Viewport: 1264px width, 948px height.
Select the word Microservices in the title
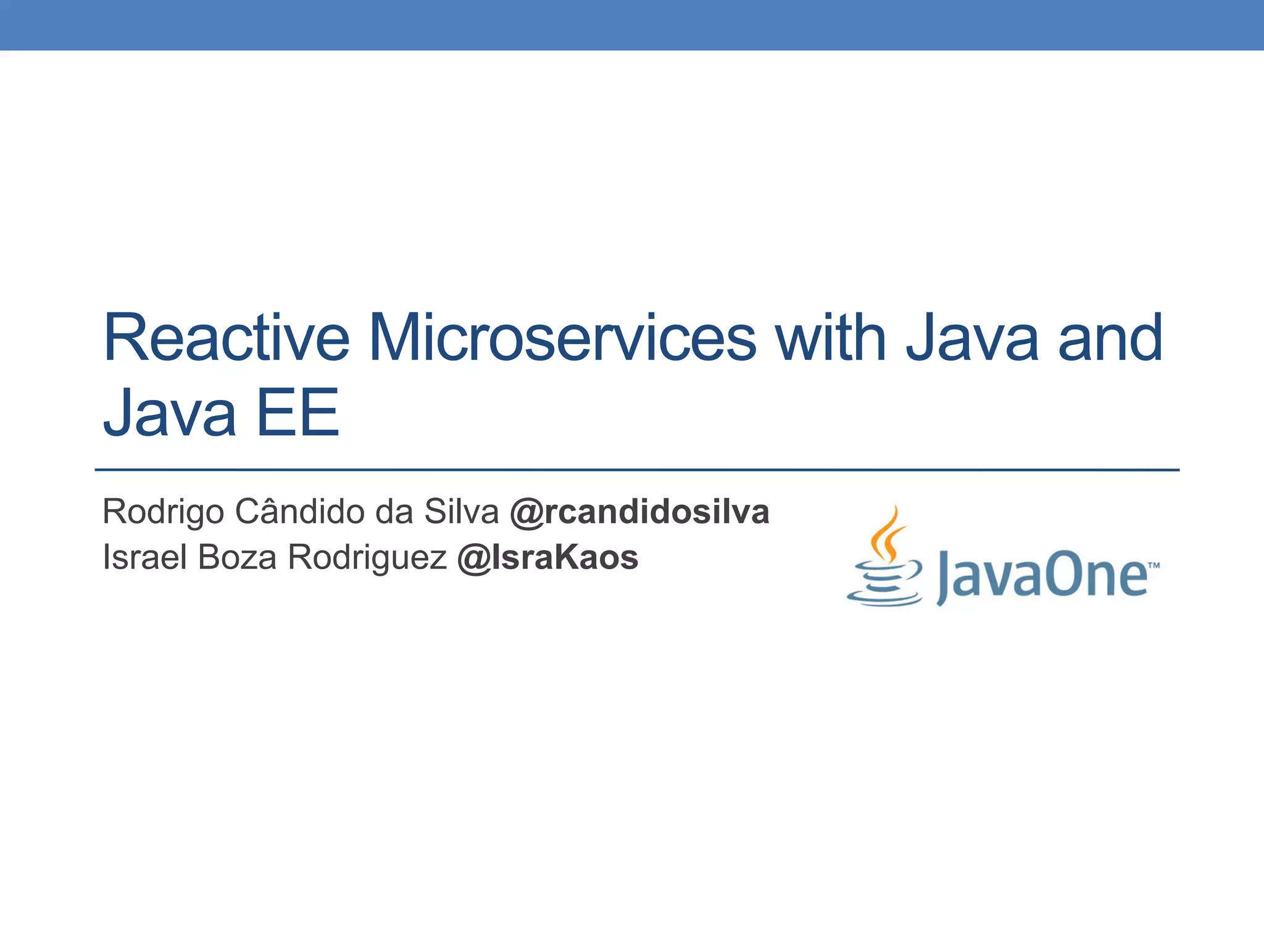pyautogui.click(x=562, y=338)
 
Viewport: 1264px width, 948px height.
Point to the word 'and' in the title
pyautogui.click(x=1111, y=338)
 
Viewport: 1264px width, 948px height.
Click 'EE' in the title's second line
pyautogui.click(x=297, y=412)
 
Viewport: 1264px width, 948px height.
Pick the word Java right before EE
pyautogui.click(x=170, y=412)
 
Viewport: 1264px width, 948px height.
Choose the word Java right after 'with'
pyautogui.click(x=973, y=338)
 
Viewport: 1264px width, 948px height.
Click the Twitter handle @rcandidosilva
pyautogui.click(x=639, y=512)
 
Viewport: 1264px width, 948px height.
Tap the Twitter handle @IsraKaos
pyautogui.click(x=547, y=557)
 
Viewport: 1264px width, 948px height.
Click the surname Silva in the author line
pyautogui.click(x=461, y=512)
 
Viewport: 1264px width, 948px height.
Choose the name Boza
pyautogui.click(x=238, y=557)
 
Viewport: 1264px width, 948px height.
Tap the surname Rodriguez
pyautogui.click(x=367, y=557)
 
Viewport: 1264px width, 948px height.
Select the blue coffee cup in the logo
pyautogui.click(x=885, y=583)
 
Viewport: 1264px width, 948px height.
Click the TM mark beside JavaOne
pyautogui.click(x=1154, y=565)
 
